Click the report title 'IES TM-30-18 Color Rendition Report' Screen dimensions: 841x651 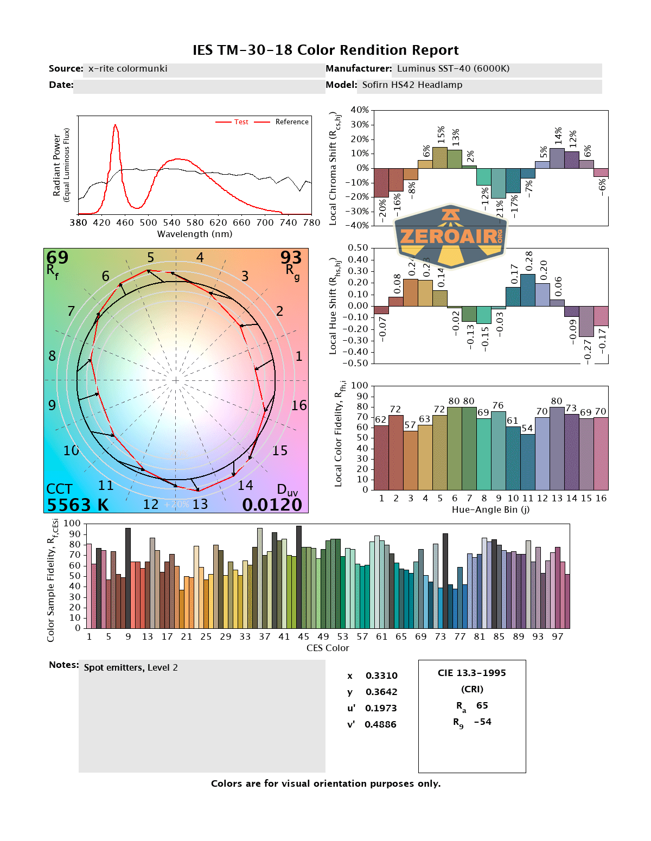325,50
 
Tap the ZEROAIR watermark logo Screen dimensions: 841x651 451,236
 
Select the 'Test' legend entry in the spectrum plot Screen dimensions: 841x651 241,122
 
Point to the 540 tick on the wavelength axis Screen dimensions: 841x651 171,222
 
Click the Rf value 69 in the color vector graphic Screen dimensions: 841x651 57,257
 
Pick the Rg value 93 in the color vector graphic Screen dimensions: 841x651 291,257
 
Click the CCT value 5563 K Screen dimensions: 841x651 78,505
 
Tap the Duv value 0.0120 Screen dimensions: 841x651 272,505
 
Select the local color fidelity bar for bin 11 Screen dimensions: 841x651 527,462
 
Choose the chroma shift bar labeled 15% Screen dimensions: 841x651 440,157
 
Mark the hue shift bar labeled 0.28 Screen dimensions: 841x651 528,290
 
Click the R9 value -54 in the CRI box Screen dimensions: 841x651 482,722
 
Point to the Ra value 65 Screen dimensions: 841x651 482,706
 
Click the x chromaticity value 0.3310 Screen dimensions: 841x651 381,676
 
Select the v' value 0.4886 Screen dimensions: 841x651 380,725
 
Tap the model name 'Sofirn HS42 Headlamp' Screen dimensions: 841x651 412,85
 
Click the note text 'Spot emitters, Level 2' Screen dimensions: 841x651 131,668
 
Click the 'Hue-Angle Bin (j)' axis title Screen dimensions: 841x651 490,510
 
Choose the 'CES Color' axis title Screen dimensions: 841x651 328,648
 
